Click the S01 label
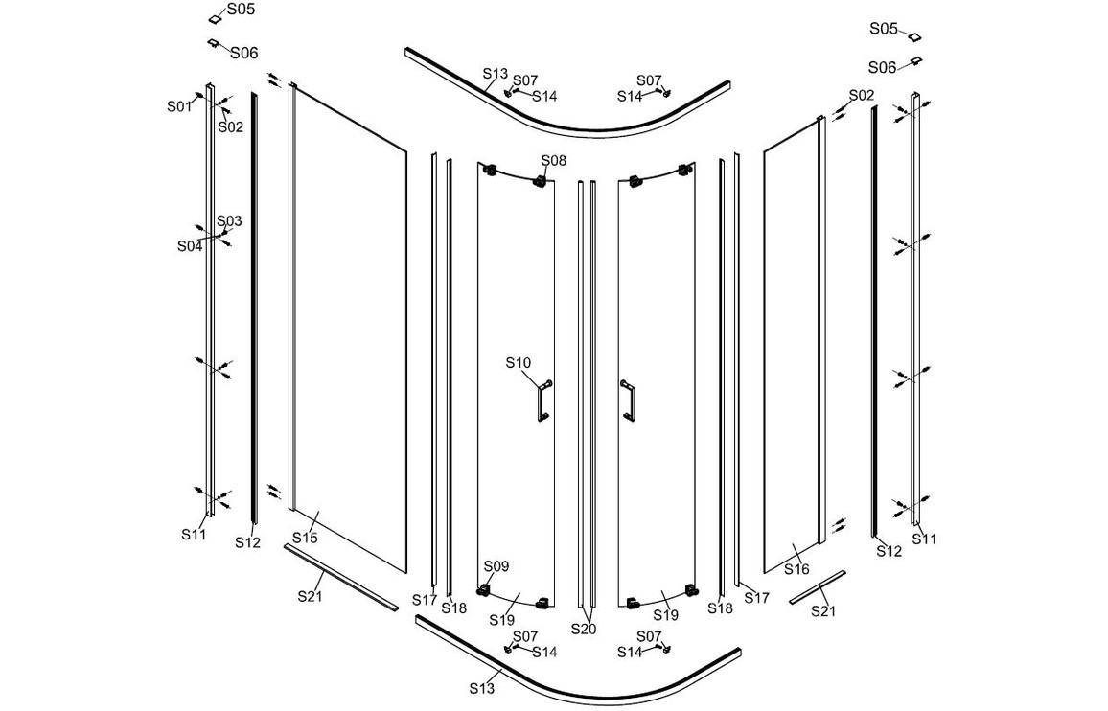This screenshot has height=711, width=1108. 179,106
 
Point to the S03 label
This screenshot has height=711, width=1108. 229,221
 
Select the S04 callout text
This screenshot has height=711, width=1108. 190,246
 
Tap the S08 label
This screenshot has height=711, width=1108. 554,160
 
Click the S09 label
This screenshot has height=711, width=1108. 496,566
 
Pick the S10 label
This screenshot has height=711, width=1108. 518,362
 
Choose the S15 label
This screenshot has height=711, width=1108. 305,538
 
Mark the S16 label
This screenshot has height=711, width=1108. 796,569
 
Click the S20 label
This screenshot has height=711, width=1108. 585,629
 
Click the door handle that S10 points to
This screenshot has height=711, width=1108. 542,401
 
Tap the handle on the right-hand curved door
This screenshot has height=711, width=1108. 628,401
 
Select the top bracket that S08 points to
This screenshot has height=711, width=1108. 542,180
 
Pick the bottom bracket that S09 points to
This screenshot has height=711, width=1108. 484,590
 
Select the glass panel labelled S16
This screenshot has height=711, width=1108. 792,346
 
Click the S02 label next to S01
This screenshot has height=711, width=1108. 230,126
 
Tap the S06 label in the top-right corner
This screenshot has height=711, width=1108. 882,67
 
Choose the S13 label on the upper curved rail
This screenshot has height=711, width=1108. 496,74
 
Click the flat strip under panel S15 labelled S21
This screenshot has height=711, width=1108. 340,576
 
